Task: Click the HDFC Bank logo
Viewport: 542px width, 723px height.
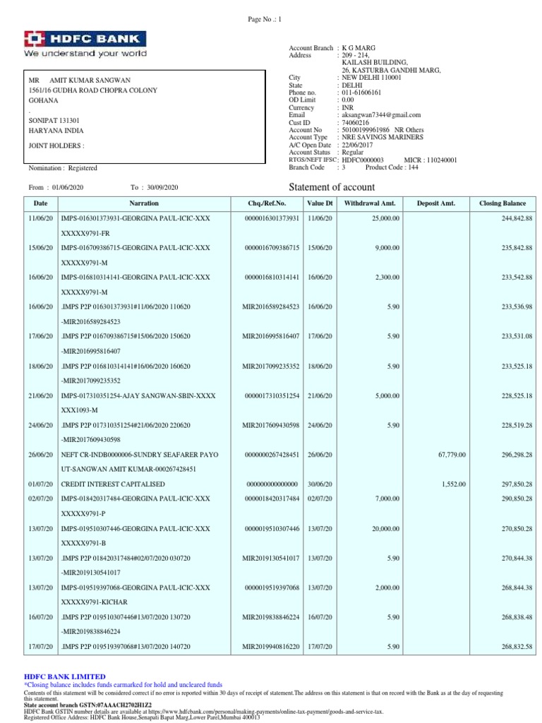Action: tap(85, 39)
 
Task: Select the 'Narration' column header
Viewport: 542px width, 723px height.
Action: tap(144, 203)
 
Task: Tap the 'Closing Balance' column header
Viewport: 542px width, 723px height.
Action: tap(502, 203)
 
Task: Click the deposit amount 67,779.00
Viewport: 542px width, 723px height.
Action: tap(452, 455)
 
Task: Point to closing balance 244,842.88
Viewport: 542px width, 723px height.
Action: tap(512, 218)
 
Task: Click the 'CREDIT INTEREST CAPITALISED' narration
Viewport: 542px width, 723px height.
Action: tap(113, 484)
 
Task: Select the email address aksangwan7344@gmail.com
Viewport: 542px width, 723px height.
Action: tap(380, 114)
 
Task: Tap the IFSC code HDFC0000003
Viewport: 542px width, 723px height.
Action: tap(361, 160)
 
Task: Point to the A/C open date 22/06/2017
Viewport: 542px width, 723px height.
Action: tap(358, 145)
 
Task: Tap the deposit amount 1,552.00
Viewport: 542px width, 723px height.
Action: tap(453, 484)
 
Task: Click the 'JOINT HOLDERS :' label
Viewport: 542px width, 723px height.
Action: tap(56, 146)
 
